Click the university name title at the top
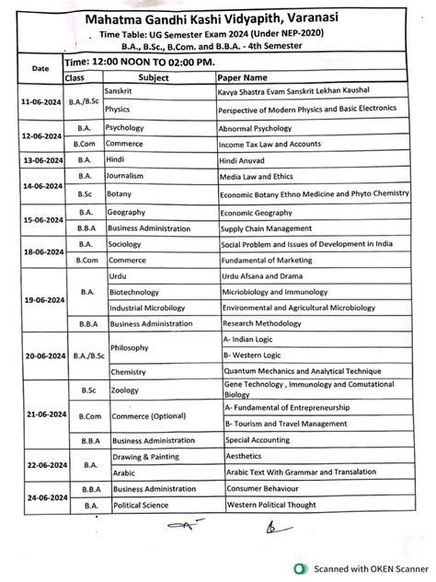tap(221, 18)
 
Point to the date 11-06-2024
tap(40, 101)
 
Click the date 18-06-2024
tap(40, 251)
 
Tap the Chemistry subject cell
tap(128, 372)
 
